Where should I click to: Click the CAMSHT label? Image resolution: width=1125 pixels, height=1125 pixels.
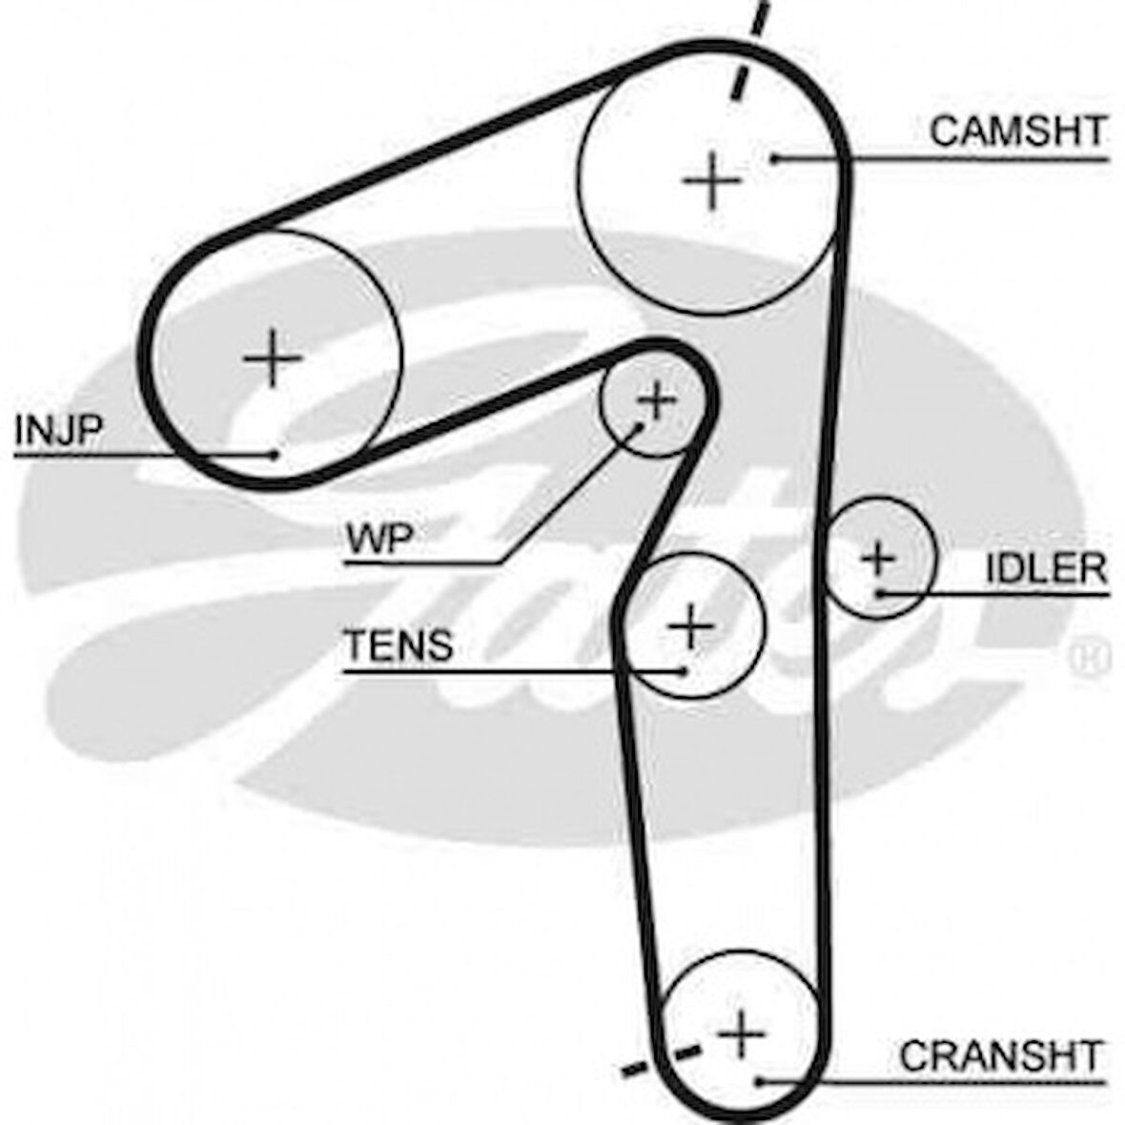pos(1017,131)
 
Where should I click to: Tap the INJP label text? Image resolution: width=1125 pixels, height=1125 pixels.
pos(58,431)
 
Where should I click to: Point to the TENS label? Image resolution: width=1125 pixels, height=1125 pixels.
pos(399,645)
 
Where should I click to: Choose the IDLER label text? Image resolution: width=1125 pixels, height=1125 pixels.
pos(1046,569)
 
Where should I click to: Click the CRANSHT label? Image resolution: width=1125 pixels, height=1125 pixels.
pos(1000,1055)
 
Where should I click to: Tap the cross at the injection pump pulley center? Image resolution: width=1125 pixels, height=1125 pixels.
pos(273,358)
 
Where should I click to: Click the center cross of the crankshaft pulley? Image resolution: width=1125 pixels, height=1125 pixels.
pos(741,1033)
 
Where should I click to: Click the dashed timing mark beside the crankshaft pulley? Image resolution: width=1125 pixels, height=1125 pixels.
pos(658,1060)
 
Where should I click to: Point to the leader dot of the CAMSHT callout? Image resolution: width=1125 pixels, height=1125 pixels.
pos(777,157)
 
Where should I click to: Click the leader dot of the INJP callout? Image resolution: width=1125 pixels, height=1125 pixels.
pos(275,454)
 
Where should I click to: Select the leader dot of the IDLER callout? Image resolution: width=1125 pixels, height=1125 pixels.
pos(881,593)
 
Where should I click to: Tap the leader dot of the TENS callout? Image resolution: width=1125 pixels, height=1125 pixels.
pos(684,670)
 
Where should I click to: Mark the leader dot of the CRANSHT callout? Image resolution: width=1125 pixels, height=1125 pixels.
pos(760,1080)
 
